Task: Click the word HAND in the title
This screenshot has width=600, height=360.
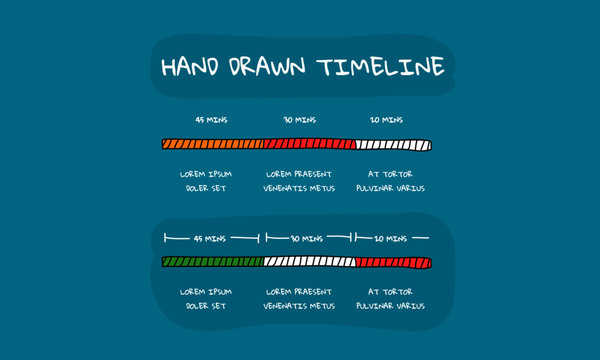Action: [193, 67]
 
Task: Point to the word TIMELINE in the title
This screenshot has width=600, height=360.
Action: [379, 67]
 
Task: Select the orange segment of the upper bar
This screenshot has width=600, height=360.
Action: [212, 145]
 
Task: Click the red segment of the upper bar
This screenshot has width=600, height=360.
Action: [309, 145]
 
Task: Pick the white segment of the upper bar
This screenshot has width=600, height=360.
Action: [393, 145]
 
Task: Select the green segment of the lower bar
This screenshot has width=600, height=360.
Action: [212, 263]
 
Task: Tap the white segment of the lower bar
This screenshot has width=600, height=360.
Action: [309, 263]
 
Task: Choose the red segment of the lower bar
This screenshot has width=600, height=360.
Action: [393, 263]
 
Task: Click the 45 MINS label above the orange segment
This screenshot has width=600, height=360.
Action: [212, 120]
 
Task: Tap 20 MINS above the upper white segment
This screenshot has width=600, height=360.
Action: [387, 120]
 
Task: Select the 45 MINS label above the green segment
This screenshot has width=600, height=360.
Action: [210, 239]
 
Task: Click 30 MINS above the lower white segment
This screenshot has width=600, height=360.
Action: [306, 239]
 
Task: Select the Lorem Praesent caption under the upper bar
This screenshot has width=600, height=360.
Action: [300, 180]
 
